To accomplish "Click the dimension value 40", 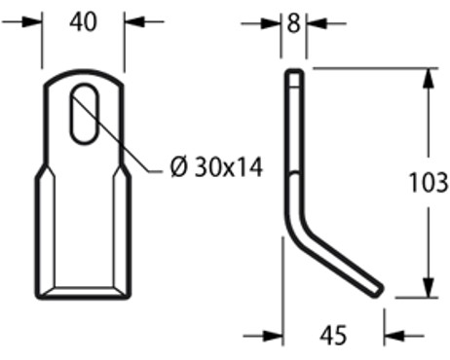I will tap(85, 21).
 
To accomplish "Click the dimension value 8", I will tap(293, 22).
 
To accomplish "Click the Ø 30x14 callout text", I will tap(215, 167).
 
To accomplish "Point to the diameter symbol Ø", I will tap(177, 167).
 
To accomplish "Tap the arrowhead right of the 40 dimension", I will tap(132, 21).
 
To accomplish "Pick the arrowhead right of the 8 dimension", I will tap(315, 22).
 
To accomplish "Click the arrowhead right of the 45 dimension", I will tap(393, 337).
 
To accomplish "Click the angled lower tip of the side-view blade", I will tap(376, 289).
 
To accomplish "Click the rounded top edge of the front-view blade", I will tap(85, 73).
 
